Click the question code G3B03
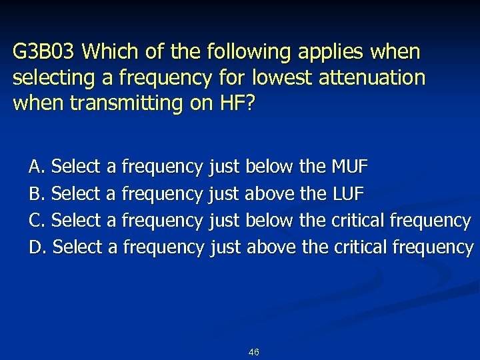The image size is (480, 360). (x=45, y=51)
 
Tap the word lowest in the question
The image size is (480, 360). (x=273, y=77)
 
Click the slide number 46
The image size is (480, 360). (x=253, y=352)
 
